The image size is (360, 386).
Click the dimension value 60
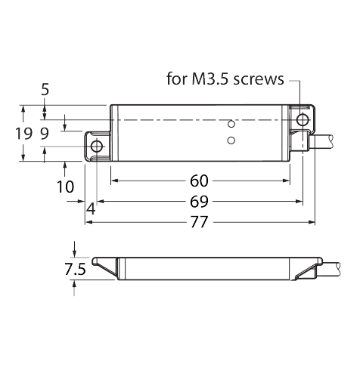199,181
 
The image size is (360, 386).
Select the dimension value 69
199,202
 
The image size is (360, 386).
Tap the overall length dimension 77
199,221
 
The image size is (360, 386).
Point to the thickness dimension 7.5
75,269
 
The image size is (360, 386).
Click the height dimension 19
24,134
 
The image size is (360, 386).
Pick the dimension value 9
45,134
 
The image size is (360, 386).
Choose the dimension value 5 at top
45,90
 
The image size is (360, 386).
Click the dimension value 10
66,187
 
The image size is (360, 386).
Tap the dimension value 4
91,209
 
